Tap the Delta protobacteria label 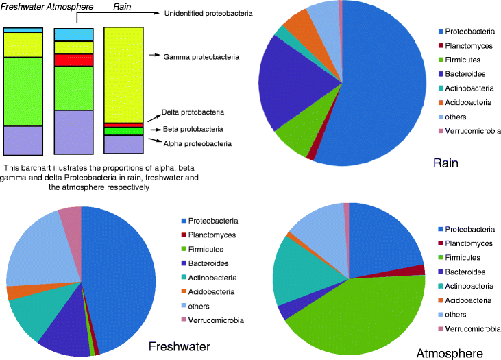[193, 112]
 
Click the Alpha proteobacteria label [197, 143]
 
